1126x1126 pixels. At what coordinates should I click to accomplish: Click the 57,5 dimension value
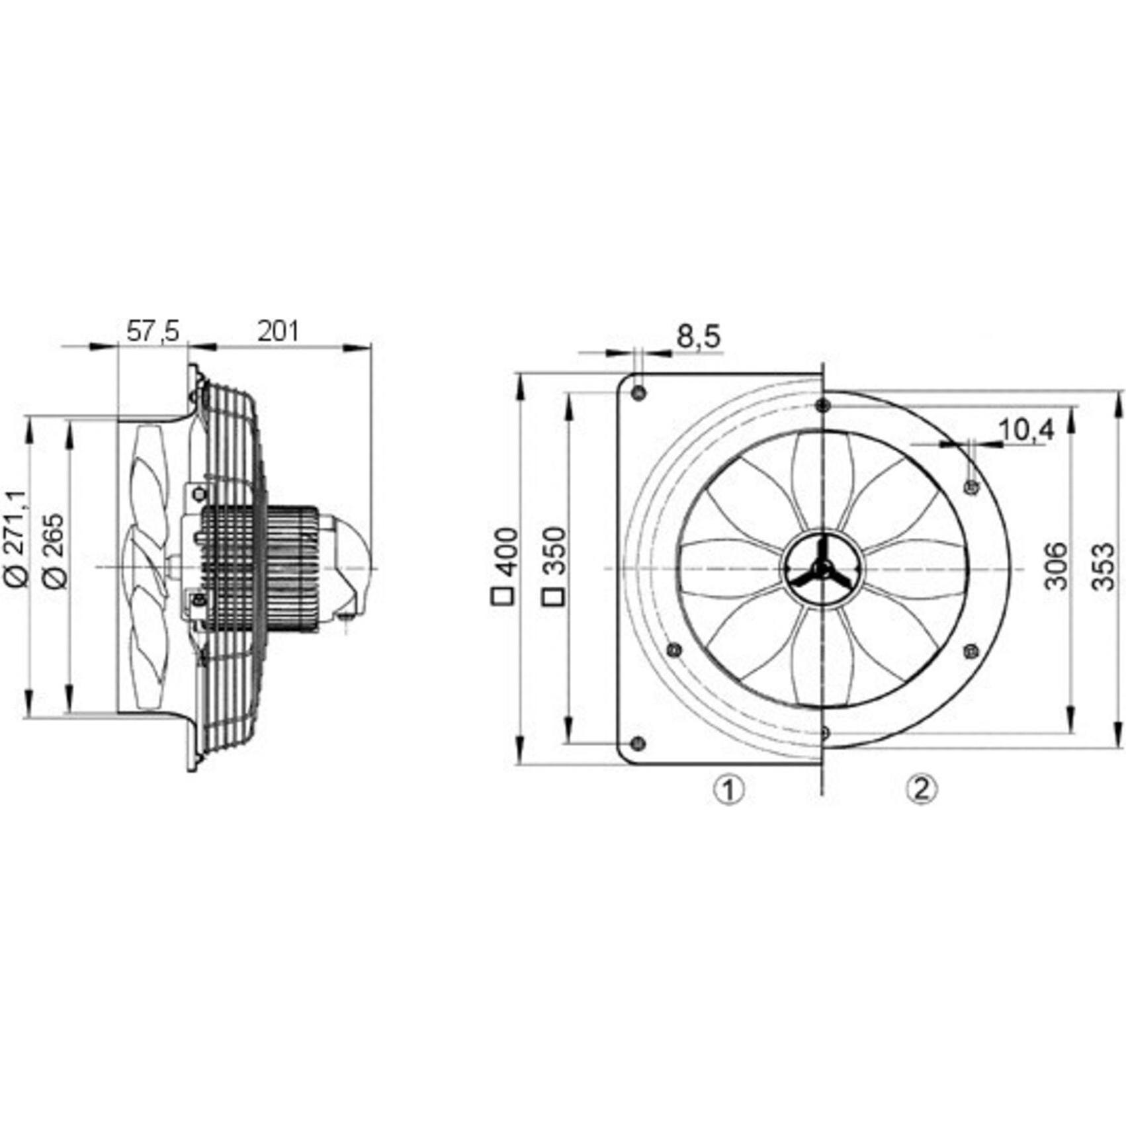(x=153, y=331)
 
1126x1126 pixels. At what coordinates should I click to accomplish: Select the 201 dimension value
(x=278, y=331)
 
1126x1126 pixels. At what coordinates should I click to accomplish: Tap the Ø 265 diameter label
(x=54, y=549)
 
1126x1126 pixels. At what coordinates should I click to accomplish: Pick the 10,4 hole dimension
(x=1025, y=431)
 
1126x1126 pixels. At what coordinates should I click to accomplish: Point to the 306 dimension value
(x=1056, y=566)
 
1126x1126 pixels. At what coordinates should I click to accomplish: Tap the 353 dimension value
(x=1103, y=566)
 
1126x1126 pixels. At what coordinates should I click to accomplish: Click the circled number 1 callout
(x=728, y=789)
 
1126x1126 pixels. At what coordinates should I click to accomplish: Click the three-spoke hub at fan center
(x=823, y=568)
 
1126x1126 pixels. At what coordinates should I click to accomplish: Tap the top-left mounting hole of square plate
(x=638, y=394)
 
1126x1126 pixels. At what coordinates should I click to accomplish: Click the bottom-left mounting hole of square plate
(x=638, y=744)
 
